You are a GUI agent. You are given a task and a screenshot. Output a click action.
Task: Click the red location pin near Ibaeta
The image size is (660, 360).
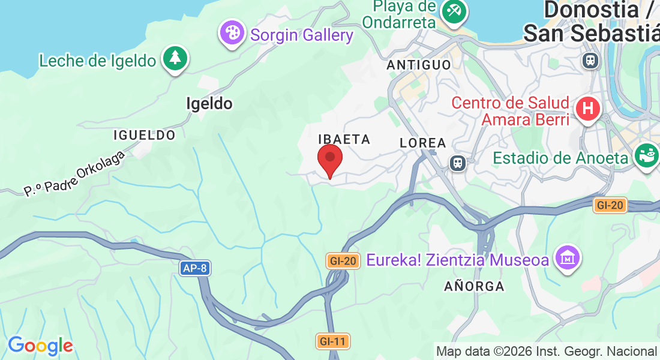[x=329, y=158]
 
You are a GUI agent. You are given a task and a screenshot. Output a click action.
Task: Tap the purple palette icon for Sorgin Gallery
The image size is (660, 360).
[x=232, y=33]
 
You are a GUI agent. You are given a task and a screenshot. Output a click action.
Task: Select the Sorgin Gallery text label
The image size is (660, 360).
[x=302, y=35]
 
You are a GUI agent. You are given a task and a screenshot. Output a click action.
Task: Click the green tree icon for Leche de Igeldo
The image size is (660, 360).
[x=175, y=58]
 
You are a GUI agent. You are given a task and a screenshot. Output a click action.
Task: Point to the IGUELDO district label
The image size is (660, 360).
[x=145, y=135]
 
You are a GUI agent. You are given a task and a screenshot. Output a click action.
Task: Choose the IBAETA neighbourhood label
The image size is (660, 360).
[x=344, y=139]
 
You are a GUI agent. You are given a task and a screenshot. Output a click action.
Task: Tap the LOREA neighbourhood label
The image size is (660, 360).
[x=423, y=143]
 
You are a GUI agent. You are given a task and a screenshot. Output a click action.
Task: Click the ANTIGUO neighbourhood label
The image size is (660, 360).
[x=419, y=64]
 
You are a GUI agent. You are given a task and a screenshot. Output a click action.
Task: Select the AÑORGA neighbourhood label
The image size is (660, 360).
[x=474, y=286]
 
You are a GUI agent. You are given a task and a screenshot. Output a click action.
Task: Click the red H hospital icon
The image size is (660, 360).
[x=587, y=109]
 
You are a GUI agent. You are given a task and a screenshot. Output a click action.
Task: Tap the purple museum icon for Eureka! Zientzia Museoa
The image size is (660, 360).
[x=568, y=258]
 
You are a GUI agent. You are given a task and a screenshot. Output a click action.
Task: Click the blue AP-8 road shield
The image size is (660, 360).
[x=195, y=268]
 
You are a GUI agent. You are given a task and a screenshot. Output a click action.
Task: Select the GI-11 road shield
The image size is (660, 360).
[x=332, y=341]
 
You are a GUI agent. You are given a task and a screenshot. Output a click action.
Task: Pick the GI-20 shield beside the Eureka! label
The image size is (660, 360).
[x=343, y=260]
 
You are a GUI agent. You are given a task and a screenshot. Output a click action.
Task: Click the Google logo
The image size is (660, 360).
[x=40, y=346]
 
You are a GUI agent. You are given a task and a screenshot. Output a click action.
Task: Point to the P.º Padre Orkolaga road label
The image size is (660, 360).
[x=74, y=174]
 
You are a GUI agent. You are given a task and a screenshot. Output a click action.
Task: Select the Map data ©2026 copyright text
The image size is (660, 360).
[x=546, y=352]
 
